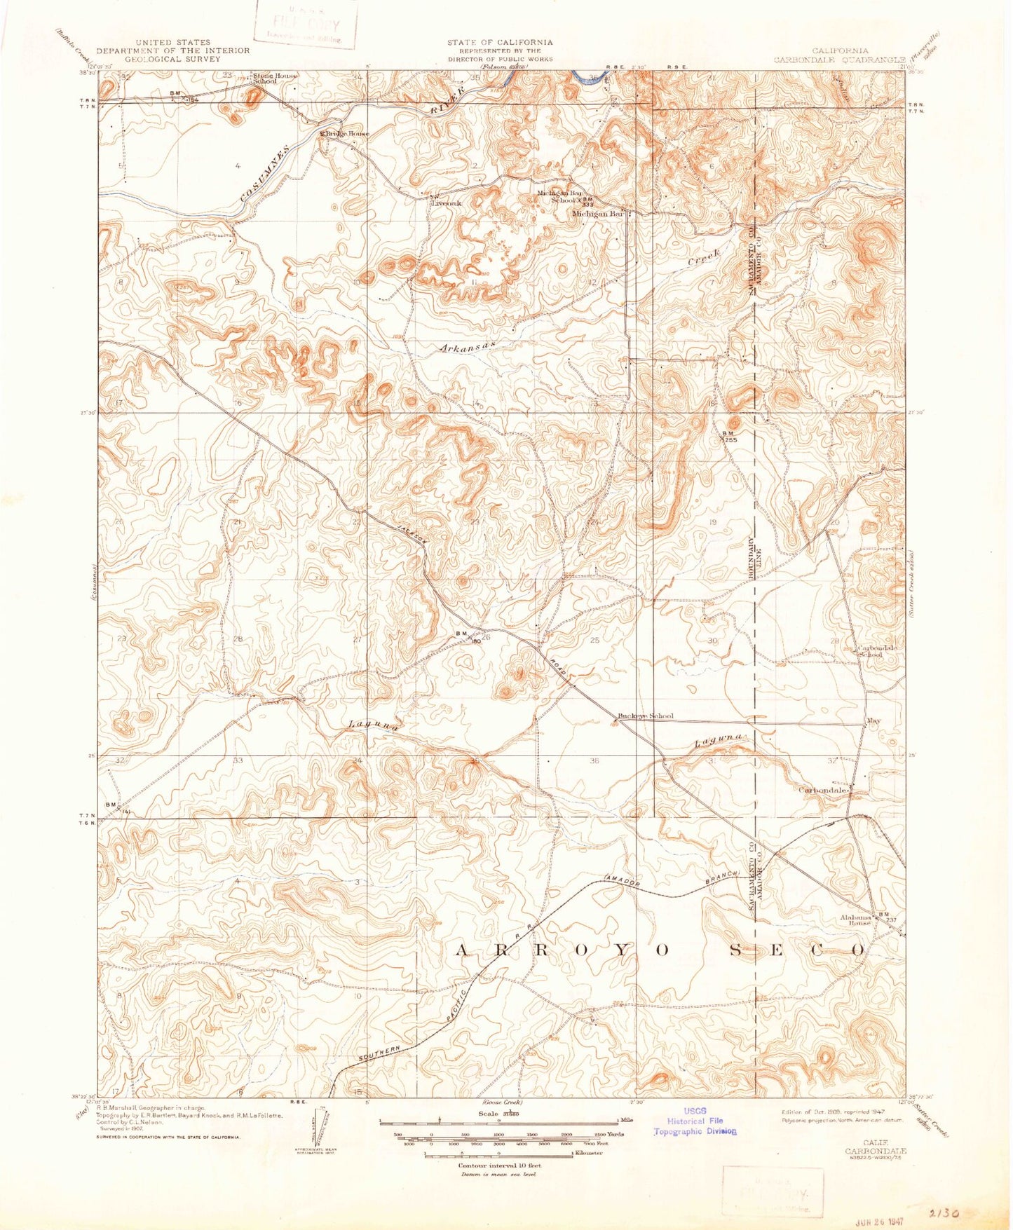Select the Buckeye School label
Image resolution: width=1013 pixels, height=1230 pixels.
click(x=645, y=716)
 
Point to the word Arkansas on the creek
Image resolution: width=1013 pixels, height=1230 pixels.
click(x=468, y=347)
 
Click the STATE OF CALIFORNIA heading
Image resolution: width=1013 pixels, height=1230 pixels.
click(x=499, y=43)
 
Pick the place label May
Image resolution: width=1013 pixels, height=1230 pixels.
click(x=873, y=720)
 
